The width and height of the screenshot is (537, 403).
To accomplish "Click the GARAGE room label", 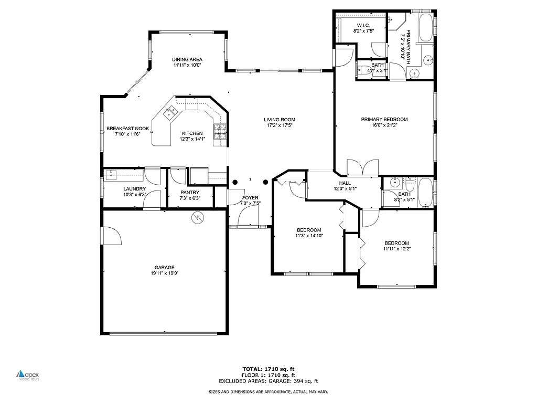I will pyautogui.click(x=164, y=267).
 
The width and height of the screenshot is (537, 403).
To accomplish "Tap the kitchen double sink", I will pyautogui.click(x=170, y=112).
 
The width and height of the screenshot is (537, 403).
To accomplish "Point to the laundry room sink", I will pyautogui.click(x=111, y=175).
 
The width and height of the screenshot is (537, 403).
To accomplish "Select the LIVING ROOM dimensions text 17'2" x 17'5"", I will pyautogui.click(x=280, y=125).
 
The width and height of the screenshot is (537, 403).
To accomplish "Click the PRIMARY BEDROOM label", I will pyautogui.click(x=384, y=119).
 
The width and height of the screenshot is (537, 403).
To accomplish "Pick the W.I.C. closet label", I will pyautogui.click(x=363, y=25).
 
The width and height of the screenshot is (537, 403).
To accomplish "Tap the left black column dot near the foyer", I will pyautogui.click(x=235, y=182).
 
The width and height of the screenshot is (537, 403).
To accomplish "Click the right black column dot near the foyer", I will pyautogui.click(x=265, y=182).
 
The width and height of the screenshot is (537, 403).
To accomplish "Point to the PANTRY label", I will pyautogui.click(x=189, y=192).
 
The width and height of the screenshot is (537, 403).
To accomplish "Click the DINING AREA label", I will pyautogui.click(x=187, y=59).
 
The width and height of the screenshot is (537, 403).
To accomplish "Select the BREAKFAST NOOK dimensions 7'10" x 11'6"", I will pyautogui.click(x=128, y=134).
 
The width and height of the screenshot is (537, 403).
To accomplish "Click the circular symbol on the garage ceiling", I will pyautogui.click(x=198, y=217).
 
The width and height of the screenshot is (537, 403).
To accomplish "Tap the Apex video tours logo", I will pyautogui.click(x=28, y=375).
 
